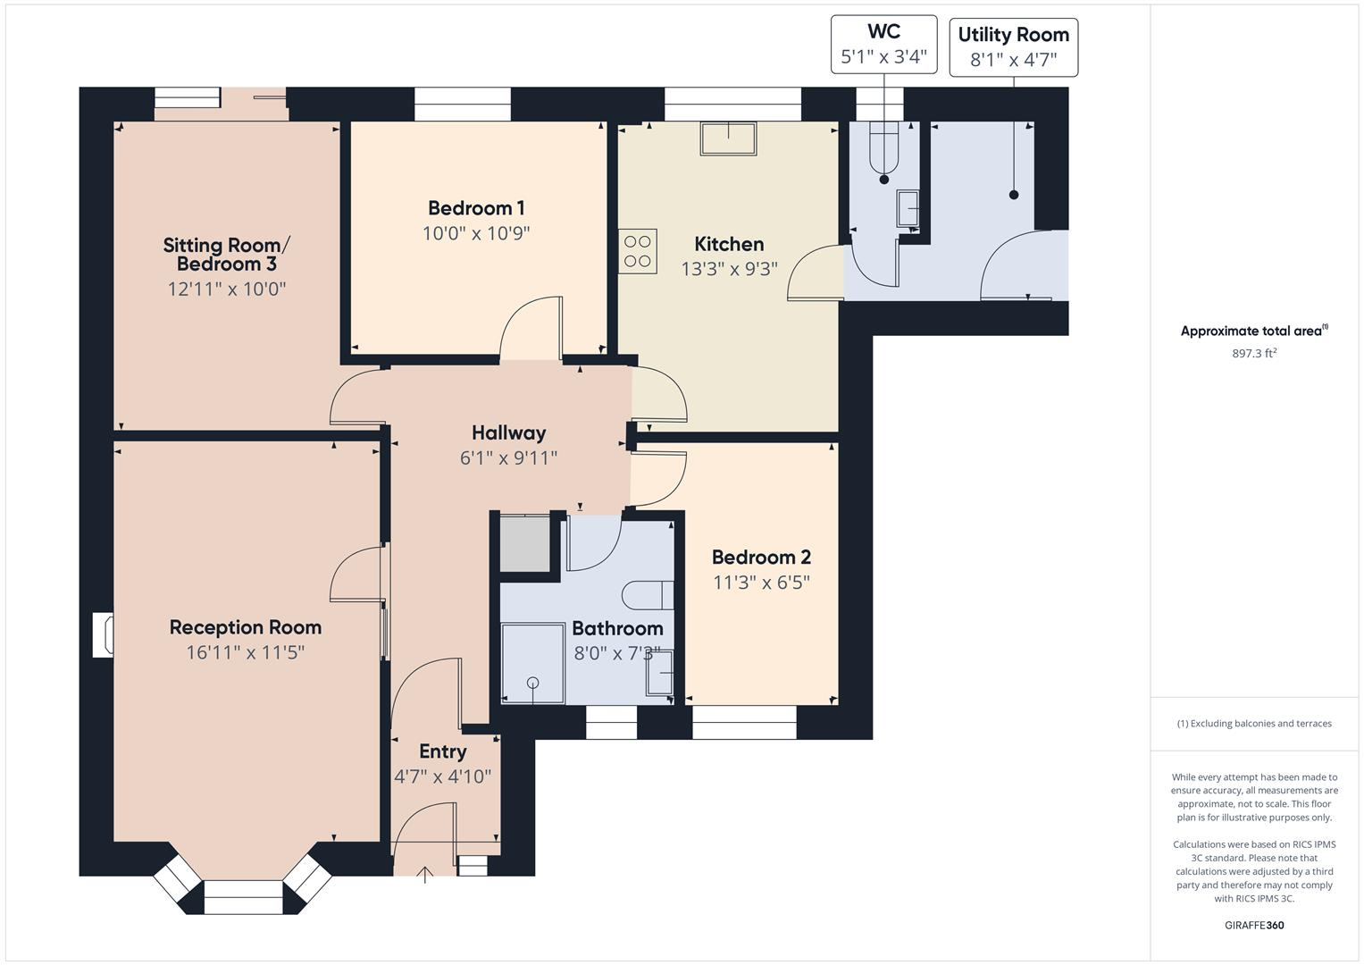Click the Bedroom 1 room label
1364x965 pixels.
pos(476,208)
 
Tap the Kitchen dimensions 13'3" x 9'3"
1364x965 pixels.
pos(729,269)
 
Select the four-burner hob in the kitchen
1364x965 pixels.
pos(638,251)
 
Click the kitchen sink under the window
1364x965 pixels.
pos(729,138)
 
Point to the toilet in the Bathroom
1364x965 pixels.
pos(648,594)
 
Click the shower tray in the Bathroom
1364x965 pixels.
pos(532,663)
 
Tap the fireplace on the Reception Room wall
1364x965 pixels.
pos(104,635)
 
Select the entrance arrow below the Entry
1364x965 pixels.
pos(425,875)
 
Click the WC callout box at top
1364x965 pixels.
pos(883,45)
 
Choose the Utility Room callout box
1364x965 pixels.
pos(1013,47)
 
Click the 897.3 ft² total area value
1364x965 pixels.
pos(1254,354)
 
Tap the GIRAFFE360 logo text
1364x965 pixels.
pos(1254,925)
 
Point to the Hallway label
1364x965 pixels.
pos(508,433)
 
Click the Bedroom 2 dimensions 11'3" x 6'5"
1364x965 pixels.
pos(761,583)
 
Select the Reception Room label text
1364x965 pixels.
pos(246,627)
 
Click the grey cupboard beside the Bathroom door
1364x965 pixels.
pos(524,543)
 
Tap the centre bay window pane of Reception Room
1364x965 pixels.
pos(243,897)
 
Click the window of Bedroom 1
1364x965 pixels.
pos(462,104)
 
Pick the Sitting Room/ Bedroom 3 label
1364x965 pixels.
pos(227,255)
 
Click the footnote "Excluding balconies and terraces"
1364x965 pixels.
pos(1254,724)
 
